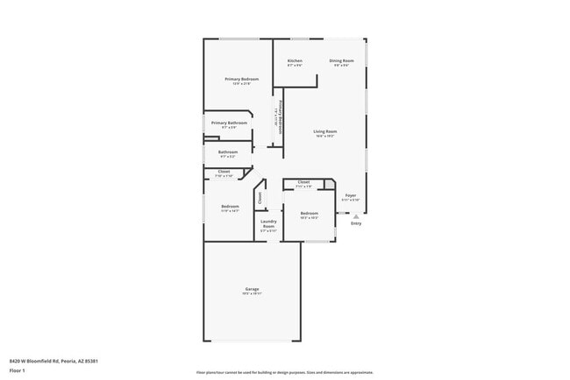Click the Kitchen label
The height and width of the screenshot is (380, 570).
[x=295, y=60]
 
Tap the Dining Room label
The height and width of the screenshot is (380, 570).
[x=341, y=60]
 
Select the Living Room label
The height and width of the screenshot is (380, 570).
[x=325, y=132]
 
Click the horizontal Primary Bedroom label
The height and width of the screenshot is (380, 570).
[x=241, y=80]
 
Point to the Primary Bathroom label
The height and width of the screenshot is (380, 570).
[x=230, y=123]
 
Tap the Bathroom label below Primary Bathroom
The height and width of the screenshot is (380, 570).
[x=227, y=152]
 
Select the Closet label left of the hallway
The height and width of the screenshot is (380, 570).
[x=224, y=172]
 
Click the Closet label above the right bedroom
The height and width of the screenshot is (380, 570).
[x=303, y=182]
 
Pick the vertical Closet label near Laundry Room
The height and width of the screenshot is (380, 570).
[x=260, y=198]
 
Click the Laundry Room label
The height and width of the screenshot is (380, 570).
[x=268, y=224]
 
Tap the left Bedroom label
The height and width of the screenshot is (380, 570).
[x=230, y=207]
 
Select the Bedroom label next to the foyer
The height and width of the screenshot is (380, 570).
[x=309, y=214]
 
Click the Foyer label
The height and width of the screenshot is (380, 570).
[x=350, y=195]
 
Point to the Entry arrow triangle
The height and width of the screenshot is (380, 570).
[x=356, y=216]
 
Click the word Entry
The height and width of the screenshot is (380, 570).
[x=356, y=224]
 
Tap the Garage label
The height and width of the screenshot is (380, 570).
[x=252, y=289]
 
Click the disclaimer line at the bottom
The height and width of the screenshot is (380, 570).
[x=284, y=372]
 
